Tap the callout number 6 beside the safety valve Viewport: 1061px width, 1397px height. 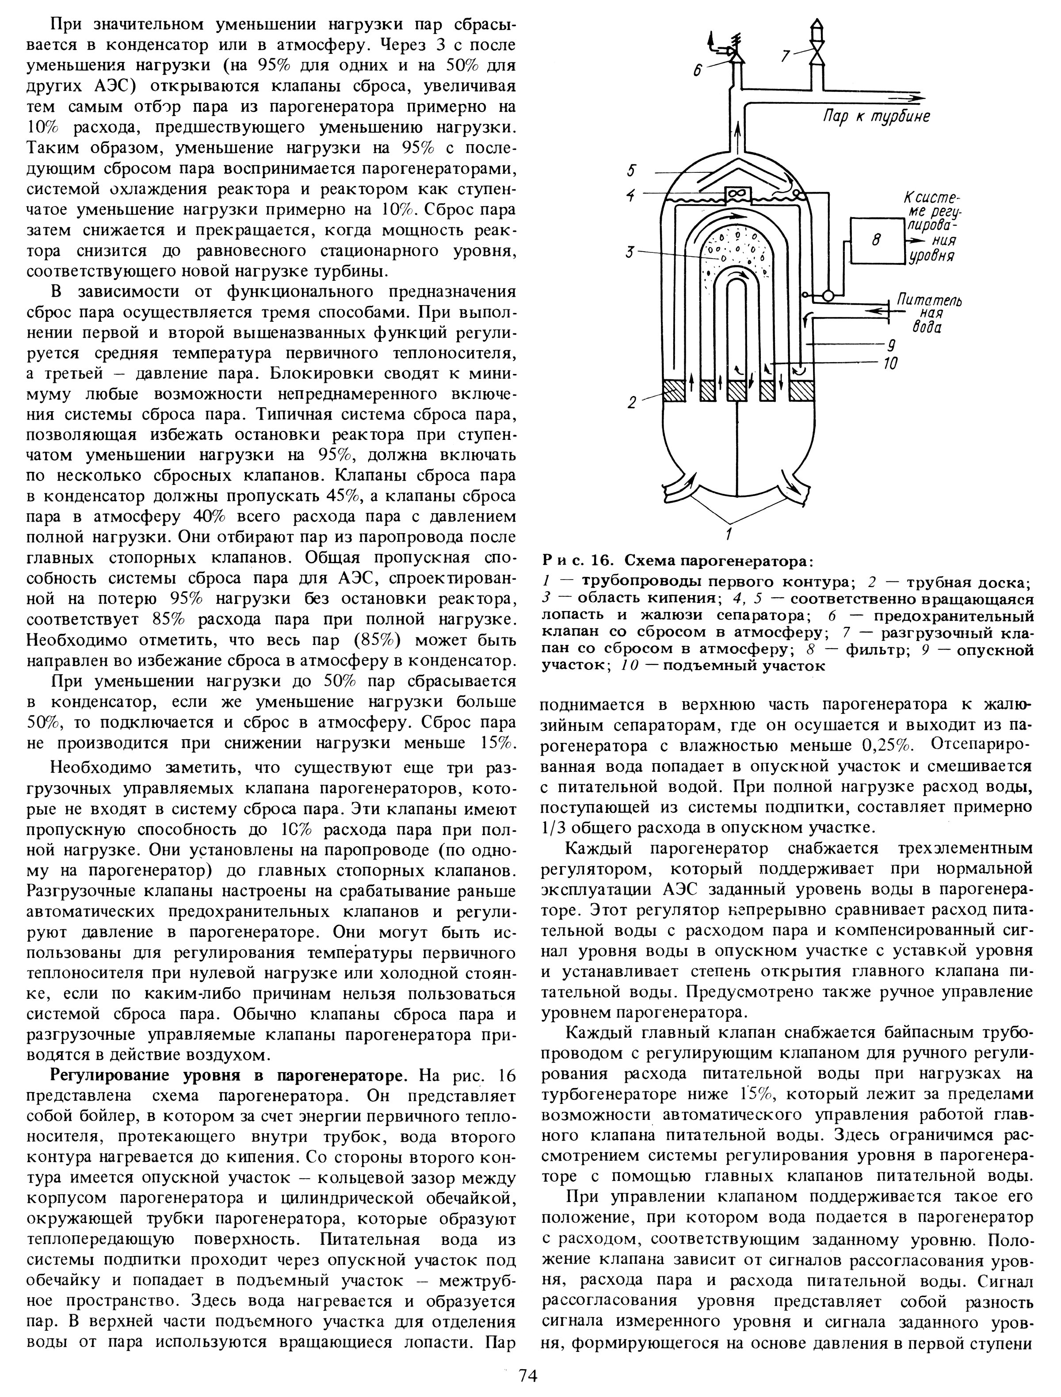point(697,71)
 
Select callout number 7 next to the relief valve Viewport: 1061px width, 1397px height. point(785,57)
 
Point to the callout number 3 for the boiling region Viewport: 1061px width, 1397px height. point(629,252)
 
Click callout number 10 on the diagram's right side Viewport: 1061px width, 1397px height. point(891,364)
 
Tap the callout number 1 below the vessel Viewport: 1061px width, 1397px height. point(729,535)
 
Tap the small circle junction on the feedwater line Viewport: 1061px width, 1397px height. point(828,295)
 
